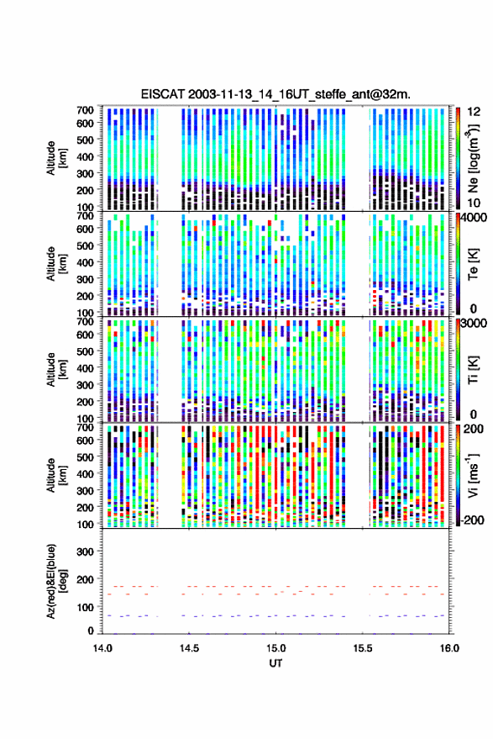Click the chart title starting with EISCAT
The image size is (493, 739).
pos(275,94)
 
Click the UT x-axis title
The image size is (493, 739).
pos(275,663)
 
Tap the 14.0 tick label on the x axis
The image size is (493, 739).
pos(102,648)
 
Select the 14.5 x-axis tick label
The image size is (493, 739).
pos(189,648)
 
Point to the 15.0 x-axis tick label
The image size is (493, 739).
pos(275,648)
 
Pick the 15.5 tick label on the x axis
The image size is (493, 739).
pos(362,648)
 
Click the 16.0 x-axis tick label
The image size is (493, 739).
pos(449,648)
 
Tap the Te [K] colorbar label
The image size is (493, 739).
pos(473,264)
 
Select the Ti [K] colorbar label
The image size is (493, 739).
pos(473,370)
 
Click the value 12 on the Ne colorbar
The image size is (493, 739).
pos(474,112)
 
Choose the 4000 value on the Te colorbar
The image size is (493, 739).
pos(474,218)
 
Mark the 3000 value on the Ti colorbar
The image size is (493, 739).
pos(474,324)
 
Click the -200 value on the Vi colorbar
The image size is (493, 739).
pos(472,520)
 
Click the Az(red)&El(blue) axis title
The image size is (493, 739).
pos(56,581)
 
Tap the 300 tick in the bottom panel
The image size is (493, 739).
pos(85,552)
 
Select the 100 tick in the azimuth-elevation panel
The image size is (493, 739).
pos(85,607)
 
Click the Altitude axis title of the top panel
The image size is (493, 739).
pos(56,158)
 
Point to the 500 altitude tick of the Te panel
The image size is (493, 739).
pos(85,245)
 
